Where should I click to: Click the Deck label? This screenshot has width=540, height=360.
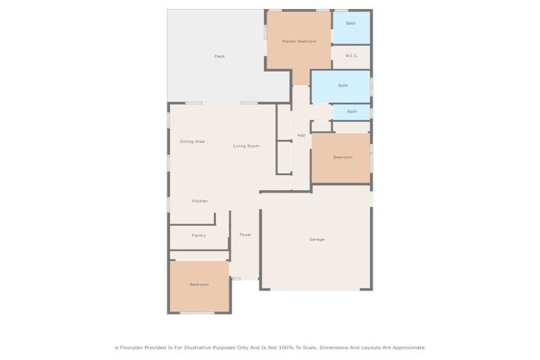(x=219, y=56)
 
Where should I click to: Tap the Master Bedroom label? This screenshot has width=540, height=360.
(x=299, y=41)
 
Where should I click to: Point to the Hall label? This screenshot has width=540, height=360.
(x=301, y=135)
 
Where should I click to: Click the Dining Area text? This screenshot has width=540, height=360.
(x=192, y=141)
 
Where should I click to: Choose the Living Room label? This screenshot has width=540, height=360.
(x=246, y=146)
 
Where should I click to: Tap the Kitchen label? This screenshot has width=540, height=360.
(x=200, y=201)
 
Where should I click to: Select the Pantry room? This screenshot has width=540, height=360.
(x=199, y=236)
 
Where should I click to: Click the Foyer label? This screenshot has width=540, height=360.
(x=245, y=234)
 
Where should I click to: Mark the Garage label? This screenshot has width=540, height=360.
(x=316, y=239)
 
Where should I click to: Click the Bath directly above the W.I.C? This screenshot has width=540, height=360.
(x=350, y=23)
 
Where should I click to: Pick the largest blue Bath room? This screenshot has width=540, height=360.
(x=342, y=86)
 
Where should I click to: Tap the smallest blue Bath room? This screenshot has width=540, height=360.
(x=352, y=111)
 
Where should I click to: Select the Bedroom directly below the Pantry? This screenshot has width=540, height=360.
(x=199, y=284)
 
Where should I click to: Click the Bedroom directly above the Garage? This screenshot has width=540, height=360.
(x=342, y=157)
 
